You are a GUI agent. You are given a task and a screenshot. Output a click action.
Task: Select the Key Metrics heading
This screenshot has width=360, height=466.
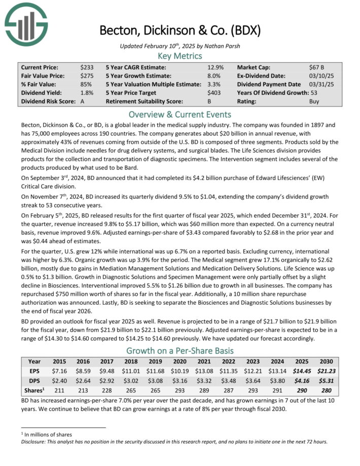[x=179, y=56]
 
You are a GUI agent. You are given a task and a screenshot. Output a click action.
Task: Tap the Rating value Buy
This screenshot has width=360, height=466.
[x=314, y=101]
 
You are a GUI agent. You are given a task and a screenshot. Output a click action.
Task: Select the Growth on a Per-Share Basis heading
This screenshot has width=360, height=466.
[x=179, y=350]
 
